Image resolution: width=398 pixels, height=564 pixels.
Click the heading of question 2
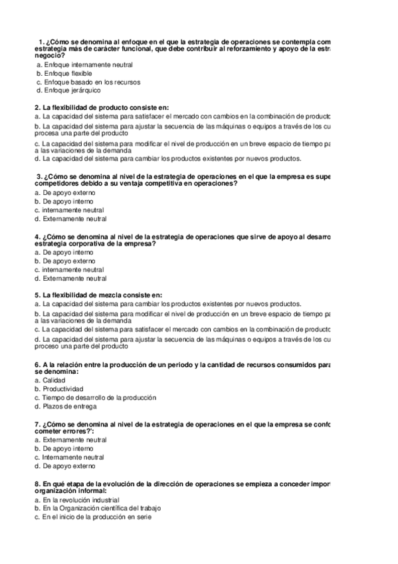102,106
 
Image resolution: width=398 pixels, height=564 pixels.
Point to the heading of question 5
98,295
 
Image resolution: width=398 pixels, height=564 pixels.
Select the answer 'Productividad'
62,388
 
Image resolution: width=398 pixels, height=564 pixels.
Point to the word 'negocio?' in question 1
49,56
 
